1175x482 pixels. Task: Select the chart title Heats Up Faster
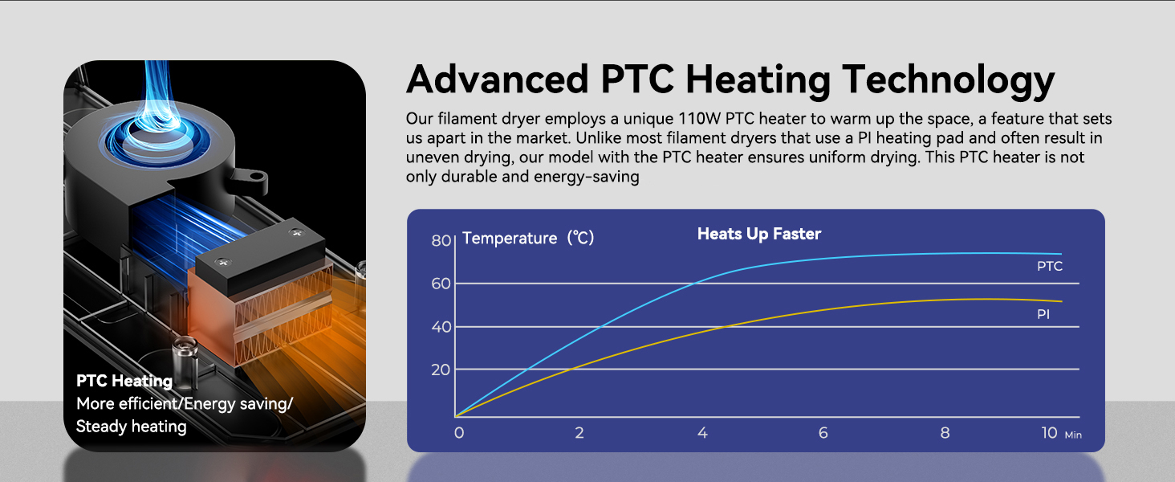coord(758,234)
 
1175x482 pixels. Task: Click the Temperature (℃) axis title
coord(528,238)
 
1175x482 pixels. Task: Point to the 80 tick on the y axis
coord(441,240)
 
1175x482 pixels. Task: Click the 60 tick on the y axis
coord(441,284)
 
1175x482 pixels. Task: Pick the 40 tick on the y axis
coord(441,327)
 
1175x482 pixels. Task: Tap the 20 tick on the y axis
coord(441,370)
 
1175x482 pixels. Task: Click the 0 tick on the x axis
coord(458,433)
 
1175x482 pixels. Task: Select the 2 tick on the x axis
coord(579,433)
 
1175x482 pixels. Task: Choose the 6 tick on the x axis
coord(823,433)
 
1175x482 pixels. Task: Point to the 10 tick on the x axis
coord(1049,433)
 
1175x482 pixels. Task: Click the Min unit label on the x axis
coord(1073,435)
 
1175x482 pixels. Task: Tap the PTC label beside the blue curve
coord(1050,266)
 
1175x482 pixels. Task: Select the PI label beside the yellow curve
coord(1043,315)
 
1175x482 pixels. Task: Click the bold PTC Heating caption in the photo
coord(124,381)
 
